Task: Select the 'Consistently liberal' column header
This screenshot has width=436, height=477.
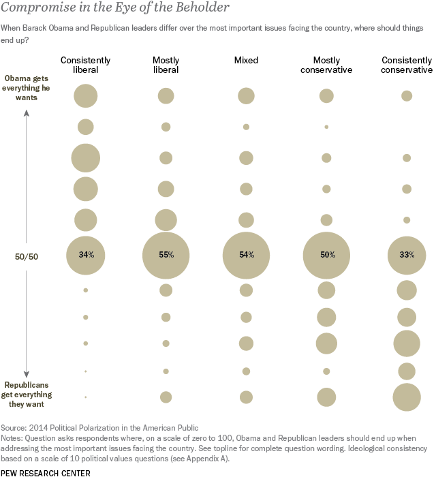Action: (x=85, y=65)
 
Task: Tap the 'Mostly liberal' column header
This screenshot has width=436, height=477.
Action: (x=166, y=65)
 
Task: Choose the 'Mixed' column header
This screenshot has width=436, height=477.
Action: (x=246, y=60)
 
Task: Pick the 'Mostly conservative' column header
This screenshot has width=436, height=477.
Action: (x=326, y=65)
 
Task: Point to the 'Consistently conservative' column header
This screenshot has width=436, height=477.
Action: (x=407, y=65)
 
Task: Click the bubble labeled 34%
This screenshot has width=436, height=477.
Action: (x=85, y=255)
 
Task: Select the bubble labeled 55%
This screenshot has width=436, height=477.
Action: (x=166, y=255)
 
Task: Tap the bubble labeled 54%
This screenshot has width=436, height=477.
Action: (x=246, y=255)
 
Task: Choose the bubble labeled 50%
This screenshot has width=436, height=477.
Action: (x=326, y=255)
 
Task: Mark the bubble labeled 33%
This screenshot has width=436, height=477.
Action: (x=407, y=255)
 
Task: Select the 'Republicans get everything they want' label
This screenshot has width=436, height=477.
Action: (x=27, y=395)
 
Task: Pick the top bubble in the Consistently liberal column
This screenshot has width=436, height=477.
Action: (x=85, y=95)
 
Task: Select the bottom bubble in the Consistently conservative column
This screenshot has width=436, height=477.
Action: (x=407, y=397)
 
